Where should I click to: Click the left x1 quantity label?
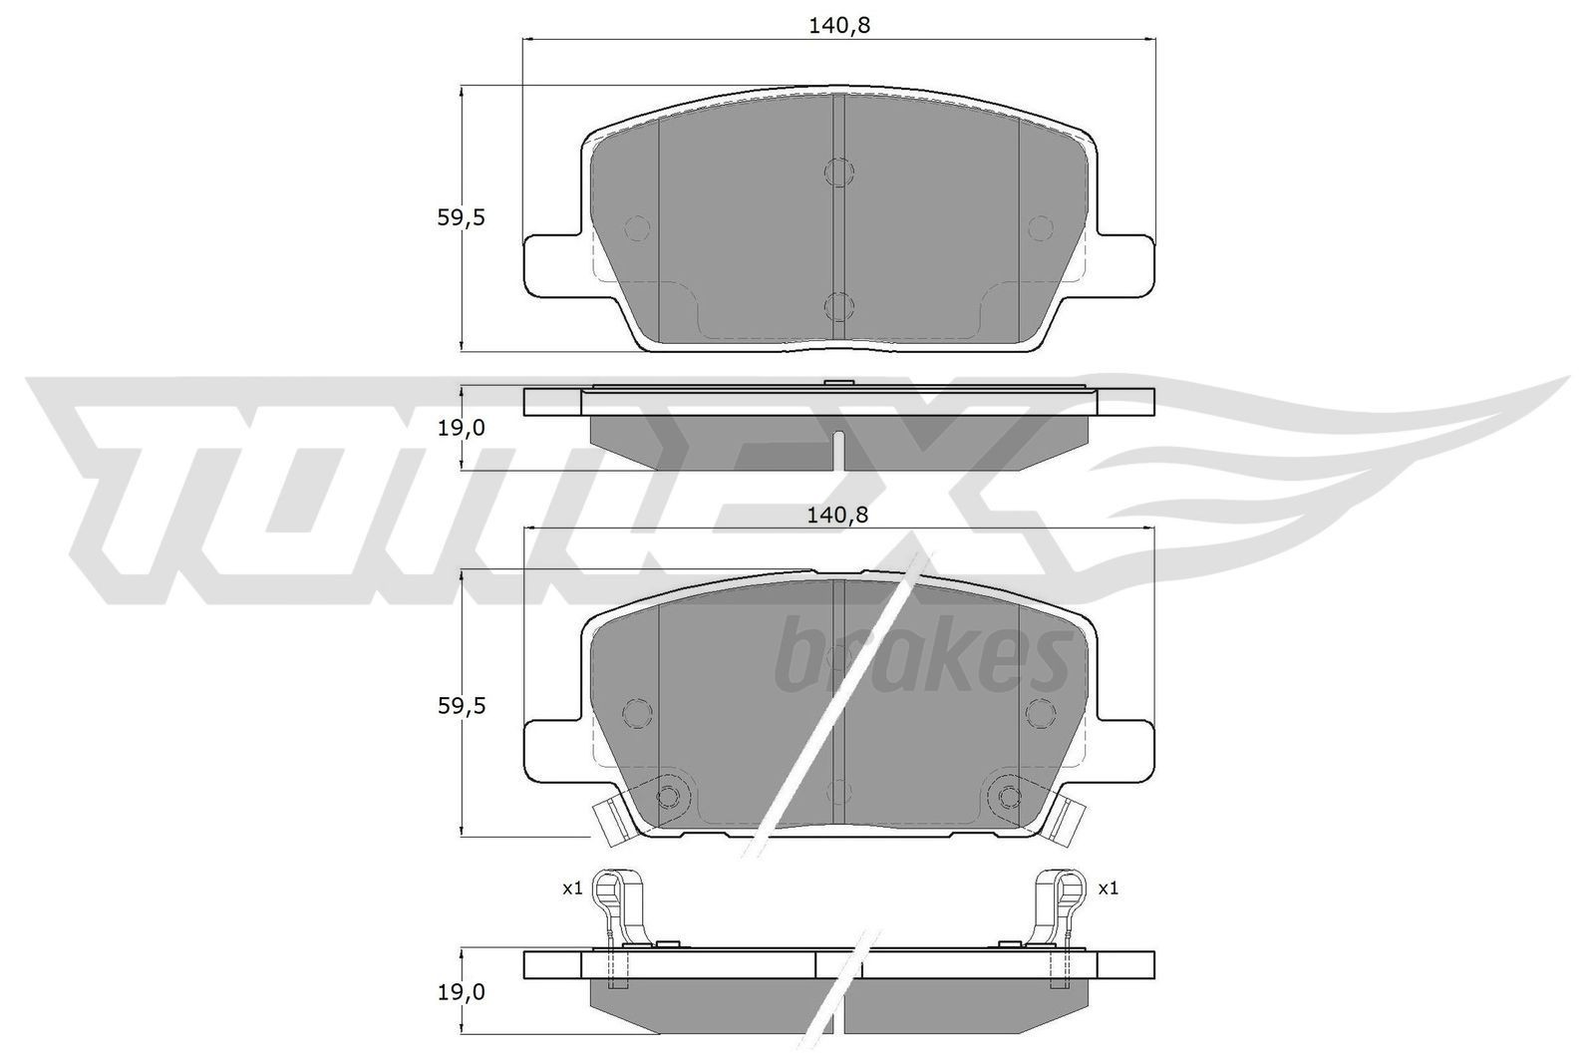point(571,887)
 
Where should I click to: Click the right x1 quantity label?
point(1108,887)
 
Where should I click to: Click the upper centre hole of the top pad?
point(839,172)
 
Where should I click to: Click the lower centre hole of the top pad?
point(839,305)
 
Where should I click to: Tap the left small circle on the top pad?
point(637,227)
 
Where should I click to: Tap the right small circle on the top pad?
point(1041,227)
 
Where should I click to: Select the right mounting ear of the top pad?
point(1127,264)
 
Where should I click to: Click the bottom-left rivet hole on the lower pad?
point(669,795)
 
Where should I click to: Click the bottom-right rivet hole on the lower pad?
point(1010,795)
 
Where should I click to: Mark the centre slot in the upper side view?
point(839,449)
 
